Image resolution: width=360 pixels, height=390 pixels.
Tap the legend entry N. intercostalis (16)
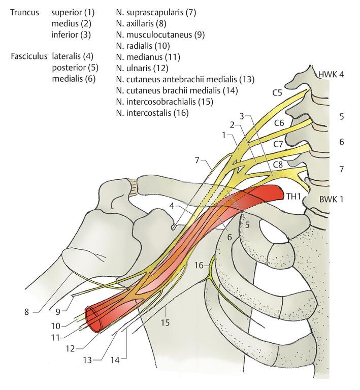click(x=152, y=113)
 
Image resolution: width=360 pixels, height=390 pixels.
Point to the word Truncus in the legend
click(x=23, y=11)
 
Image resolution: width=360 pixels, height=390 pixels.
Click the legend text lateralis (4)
click(x=72, y=56)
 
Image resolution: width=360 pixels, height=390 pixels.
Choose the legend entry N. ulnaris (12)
click(x=144, y=68)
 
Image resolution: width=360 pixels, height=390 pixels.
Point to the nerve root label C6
click(x=279, y=122)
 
